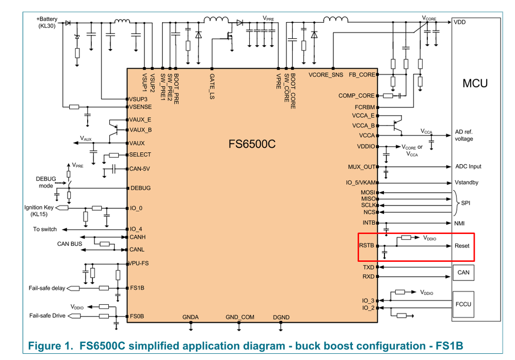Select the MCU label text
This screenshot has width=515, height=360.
coord(475,83)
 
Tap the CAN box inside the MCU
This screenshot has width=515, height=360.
coord(463,272)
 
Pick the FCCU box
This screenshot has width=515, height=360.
coord(463,304)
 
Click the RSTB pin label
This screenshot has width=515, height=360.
coord(366,246)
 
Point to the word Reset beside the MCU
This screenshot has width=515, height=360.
coord(462,246)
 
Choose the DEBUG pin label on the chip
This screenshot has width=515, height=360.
coord(140,188)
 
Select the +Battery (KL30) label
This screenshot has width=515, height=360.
coord(47,23)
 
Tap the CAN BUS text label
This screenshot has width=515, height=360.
coord(69,243)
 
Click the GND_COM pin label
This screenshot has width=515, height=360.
coord(239,317)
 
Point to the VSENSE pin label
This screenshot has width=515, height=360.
coord(140,107)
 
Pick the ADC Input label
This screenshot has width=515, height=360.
coord(468,167)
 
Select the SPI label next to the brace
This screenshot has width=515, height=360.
coord(465,203)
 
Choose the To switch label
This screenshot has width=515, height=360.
coord(45,229)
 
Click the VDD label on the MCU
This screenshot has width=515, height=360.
coord(459,22)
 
